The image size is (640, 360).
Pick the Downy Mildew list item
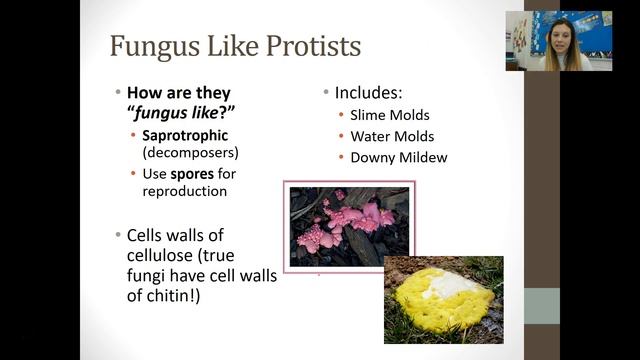click(399, 157)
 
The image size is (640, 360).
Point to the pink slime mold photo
click(349, 226)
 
